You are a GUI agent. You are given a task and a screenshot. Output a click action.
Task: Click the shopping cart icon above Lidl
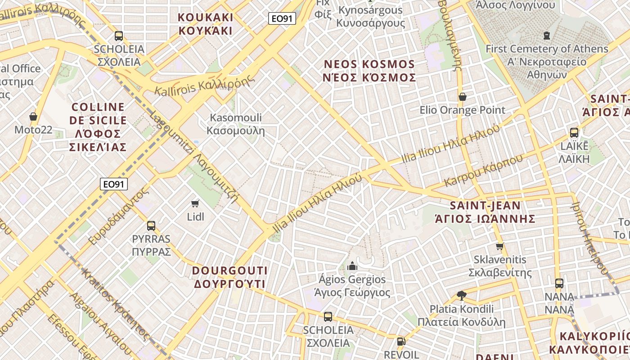[195, 203]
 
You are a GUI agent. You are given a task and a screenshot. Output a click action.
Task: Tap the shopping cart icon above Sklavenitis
[499, 246]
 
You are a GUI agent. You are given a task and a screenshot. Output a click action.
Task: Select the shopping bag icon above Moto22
[33, 117]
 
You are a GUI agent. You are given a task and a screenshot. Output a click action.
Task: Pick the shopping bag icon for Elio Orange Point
[462, 97]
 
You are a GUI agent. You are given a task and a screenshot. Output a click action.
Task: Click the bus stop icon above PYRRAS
[151, 225]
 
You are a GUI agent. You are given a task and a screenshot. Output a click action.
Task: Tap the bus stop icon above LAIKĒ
[574, 133]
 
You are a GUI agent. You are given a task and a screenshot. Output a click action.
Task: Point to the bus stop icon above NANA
[559, 283]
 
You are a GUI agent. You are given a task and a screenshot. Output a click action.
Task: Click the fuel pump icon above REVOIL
[401, 342]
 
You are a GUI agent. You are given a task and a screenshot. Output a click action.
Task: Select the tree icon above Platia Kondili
[461, 296]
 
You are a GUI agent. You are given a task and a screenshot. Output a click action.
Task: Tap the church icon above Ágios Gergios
[352, 266]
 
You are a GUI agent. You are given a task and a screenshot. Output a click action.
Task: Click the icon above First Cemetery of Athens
[547, 35]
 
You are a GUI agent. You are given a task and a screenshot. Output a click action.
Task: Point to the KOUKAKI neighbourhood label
[206, 24]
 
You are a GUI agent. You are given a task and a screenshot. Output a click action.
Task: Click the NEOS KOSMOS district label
[369, 71]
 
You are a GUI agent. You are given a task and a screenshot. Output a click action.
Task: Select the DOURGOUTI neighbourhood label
[230, 277]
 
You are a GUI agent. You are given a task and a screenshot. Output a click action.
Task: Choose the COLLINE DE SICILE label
[98, 127]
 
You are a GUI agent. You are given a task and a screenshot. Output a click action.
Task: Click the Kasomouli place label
[236, 124]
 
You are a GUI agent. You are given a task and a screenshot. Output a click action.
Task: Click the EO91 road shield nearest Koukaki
[282, 18]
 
